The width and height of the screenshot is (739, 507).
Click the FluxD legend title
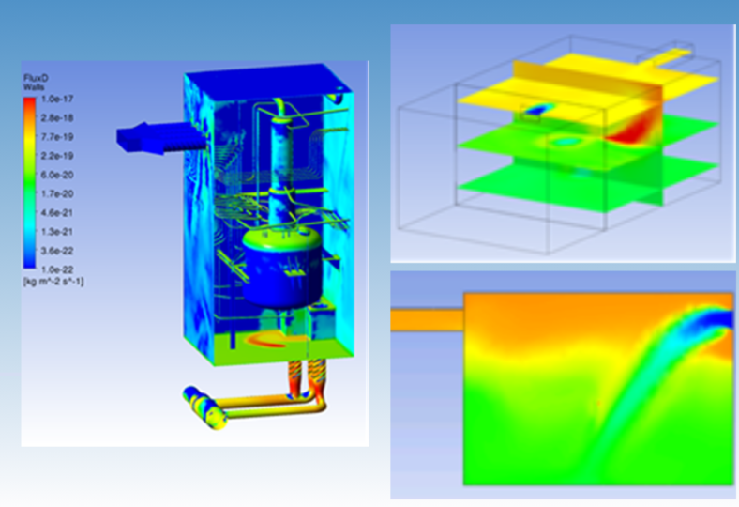tap(35, 79)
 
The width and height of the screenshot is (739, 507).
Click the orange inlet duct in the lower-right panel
tap(427, 320)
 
